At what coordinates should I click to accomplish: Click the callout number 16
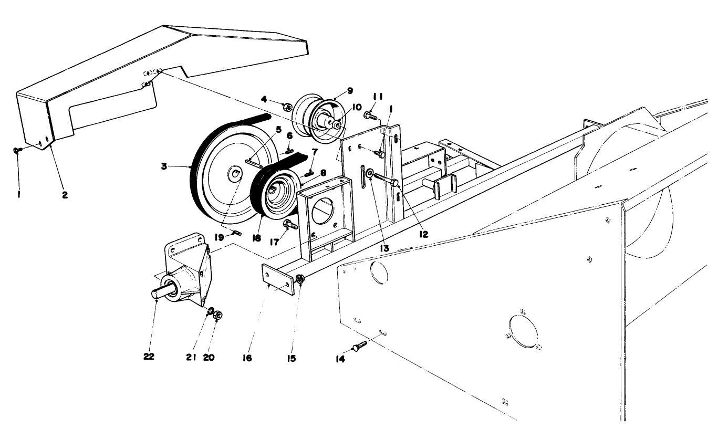point(247,358)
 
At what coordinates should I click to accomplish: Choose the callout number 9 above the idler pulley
point(350,90)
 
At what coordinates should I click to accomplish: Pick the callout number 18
point(256,237)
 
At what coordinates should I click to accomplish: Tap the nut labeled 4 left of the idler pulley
point(288,108)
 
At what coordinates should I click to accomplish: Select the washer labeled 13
point(370,172)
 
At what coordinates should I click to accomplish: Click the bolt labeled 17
point(290,225)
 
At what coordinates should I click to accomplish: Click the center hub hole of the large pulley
point(234,174)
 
